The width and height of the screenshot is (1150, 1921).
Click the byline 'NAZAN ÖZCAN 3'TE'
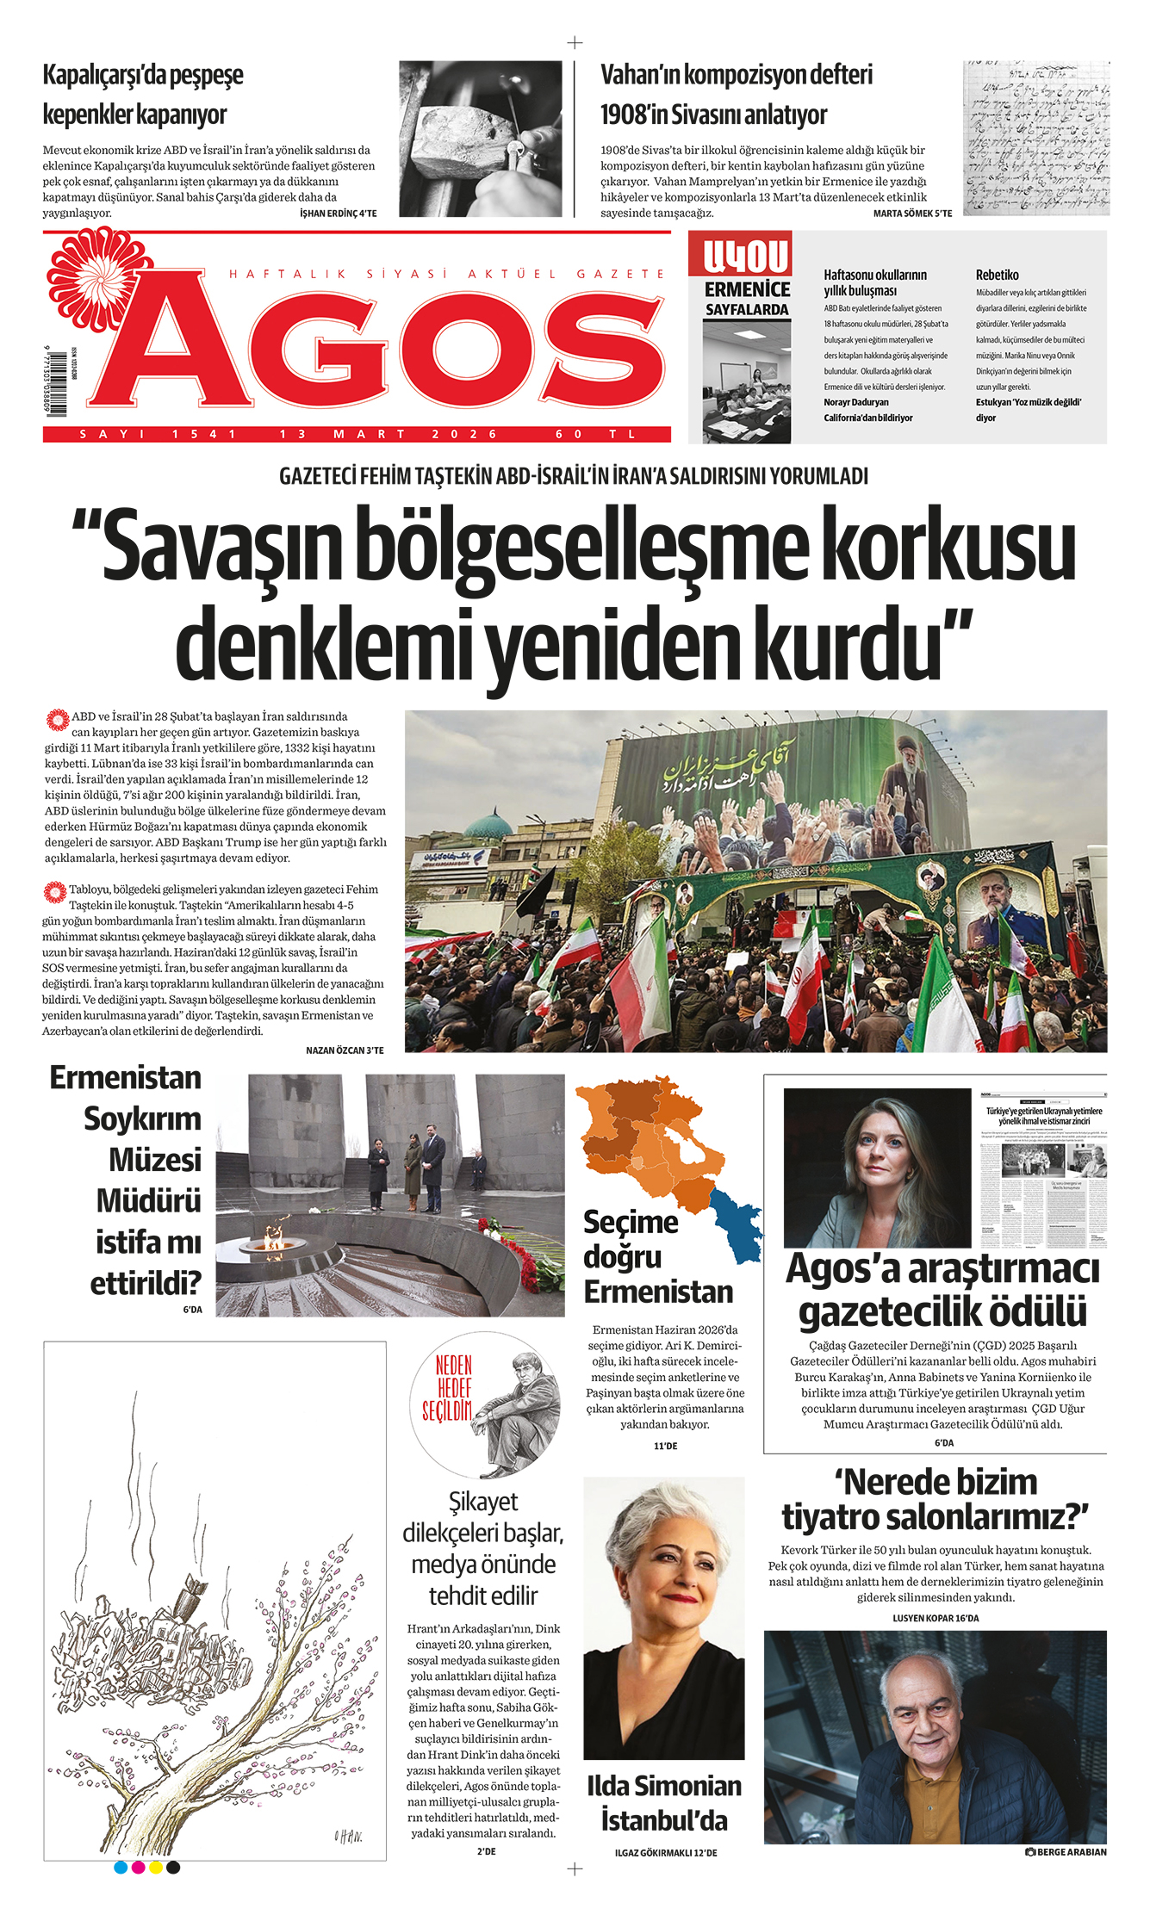click(x=344, y=1050)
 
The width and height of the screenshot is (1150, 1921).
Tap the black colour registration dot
click(x=174, y=1868)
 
